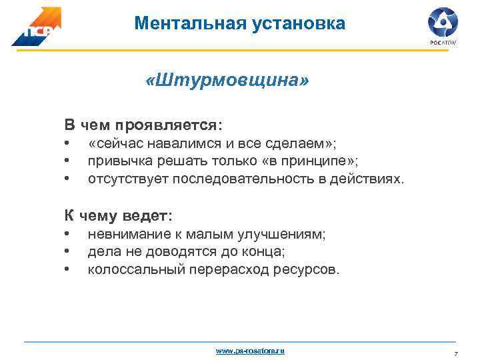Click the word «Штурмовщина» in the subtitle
227,81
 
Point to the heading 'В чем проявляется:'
143,125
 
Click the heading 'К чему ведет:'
118,216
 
